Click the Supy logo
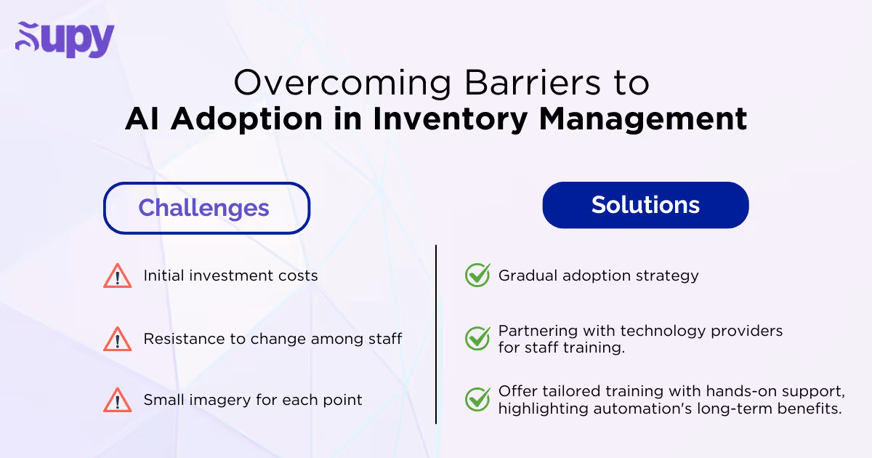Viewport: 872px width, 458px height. pyautogui.click(x=65, y=40)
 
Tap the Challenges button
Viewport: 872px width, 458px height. pyautogui.click(x=206, y=208)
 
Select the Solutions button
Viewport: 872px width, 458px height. pyautogui.click(x=645, y=205)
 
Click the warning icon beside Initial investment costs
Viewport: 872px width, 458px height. pyautogui.click(x=116, y=276)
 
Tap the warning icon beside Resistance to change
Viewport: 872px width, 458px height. pyautogui.click(x=116, y=339)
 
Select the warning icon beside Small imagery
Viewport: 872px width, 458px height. pyautogui.click(x=116, y=400)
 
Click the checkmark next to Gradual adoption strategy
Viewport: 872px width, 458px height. pyautogui.click(x=477, y=276)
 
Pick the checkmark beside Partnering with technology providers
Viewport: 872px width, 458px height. pyautogui.click(x=477, y=339)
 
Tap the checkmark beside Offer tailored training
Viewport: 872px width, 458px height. pyautogui.click(x=477, y=400)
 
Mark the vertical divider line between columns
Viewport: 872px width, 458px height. pyautogui.click(x=436, y=334)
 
